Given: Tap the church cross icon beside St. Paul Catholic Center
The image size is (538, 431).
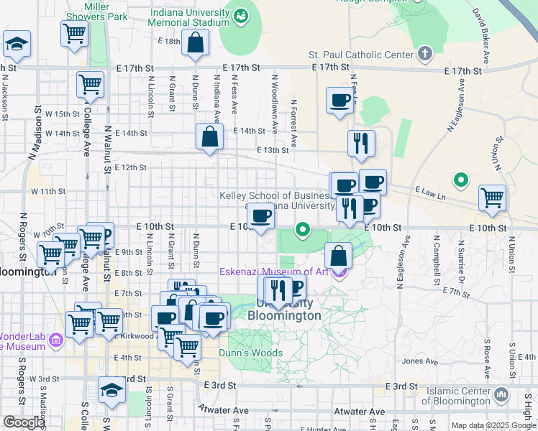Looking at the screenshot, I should click(425, 54).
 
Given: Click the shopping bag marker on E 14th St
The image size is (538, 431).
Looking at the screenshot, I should click(209, 137).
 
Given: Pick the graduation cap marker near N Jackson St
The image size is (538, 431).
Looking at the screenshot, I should click(16, 45).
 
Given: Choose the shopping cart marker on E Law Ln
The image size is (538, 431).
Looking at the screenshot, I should click(492, 198).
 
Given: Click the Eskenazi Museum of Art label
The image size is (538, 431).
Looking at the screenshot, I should click(275, 272).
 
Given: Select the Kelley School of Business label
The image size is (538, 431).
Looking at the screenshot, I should click(275, 195).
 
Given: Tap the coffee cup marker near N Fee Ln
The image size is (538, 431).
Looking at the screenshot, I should click(339, 101).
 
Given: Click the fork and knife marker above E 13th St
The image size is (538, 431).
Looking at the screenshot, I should click(361, 143).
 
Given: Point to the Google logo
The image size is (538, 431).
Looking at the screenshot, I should click(24, 422).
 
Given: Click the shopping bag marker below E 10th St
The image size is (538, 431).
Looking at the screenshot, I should click(338, 255).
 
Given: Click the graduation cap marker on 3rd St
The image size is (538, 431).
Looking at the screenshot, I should click(111, 390).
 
